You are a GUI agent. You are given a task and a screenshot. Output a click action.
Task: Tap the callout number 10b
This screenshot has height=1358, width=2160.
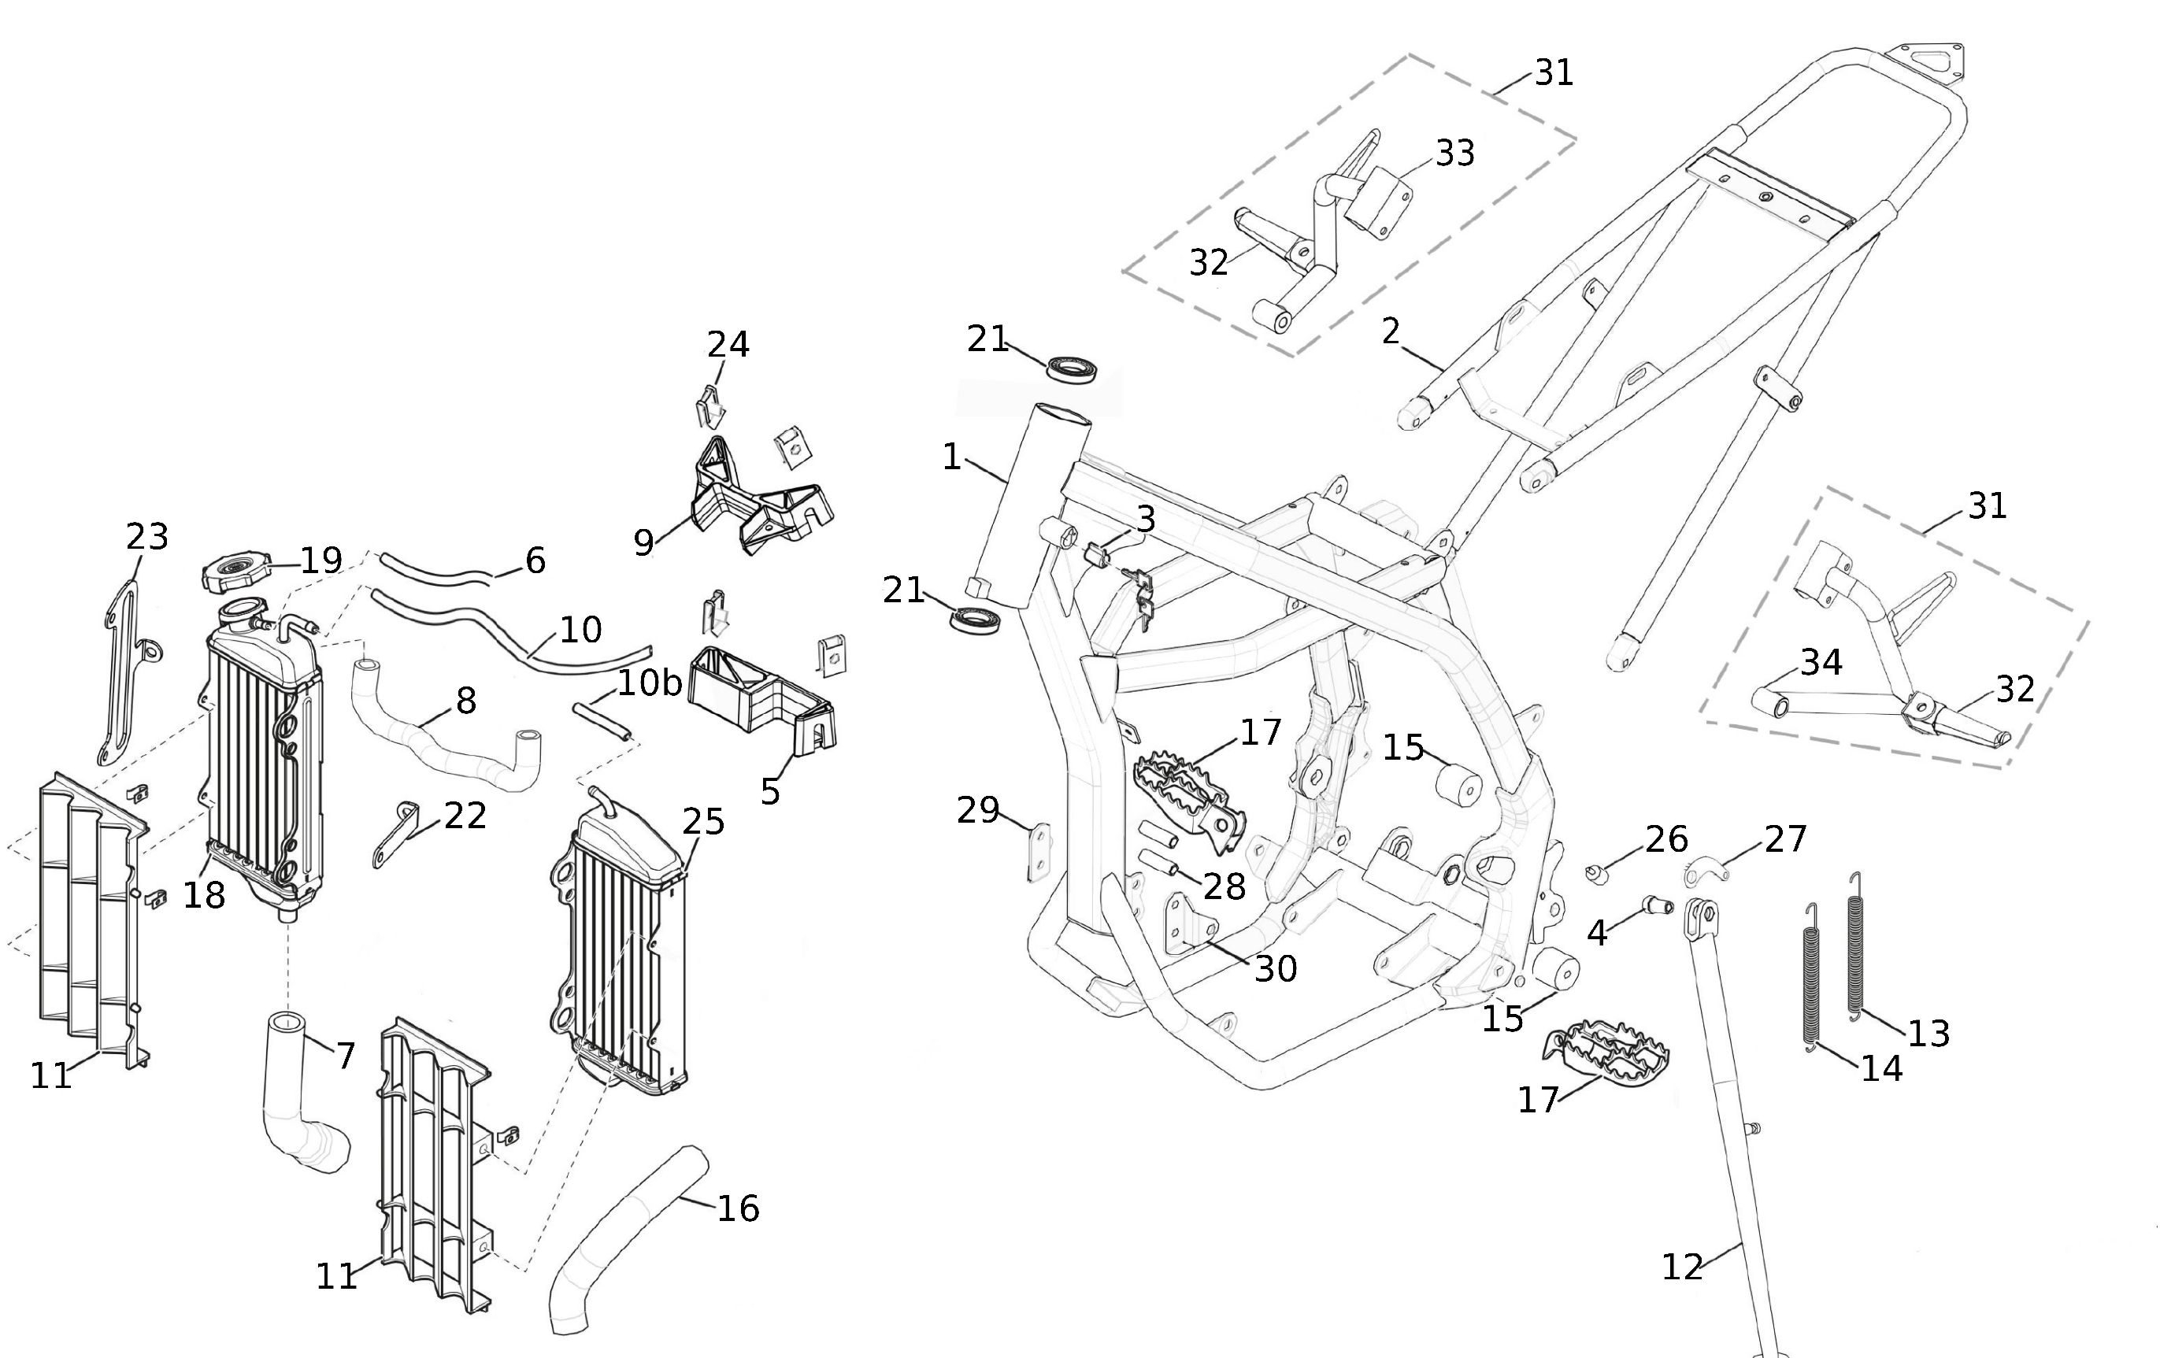coord(649,683)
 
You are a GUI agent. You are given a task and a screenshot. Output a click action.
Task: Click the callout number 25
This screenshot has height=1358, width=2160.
coord(703,821)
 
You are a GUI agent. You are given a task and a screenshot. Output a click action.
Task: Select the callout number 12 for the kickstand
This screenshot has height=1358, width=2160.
coord(1682,1267)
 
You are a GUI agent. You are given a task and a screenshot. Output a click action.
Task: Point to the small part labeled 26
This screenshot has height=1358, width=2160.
coord(1595,873)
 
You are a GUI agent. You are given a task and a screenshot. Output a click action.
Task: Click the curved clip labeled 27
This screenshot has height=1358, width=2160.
coord(1702,870)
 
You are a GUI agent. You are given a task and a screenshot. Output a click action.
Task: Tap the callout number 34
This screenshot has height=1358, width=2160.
coord(1821,662)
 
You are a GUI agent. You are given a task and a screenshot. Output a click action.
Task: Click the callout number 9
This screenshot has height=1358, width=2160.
coord(643,542)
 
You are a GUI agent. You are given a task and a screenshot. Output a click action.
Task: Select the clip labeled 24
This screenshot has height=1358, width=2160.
coord(710,405)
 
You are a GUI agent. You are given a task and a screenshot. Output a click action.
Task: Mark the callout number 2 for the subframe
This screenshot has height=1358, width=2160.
coord(1391,332)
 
